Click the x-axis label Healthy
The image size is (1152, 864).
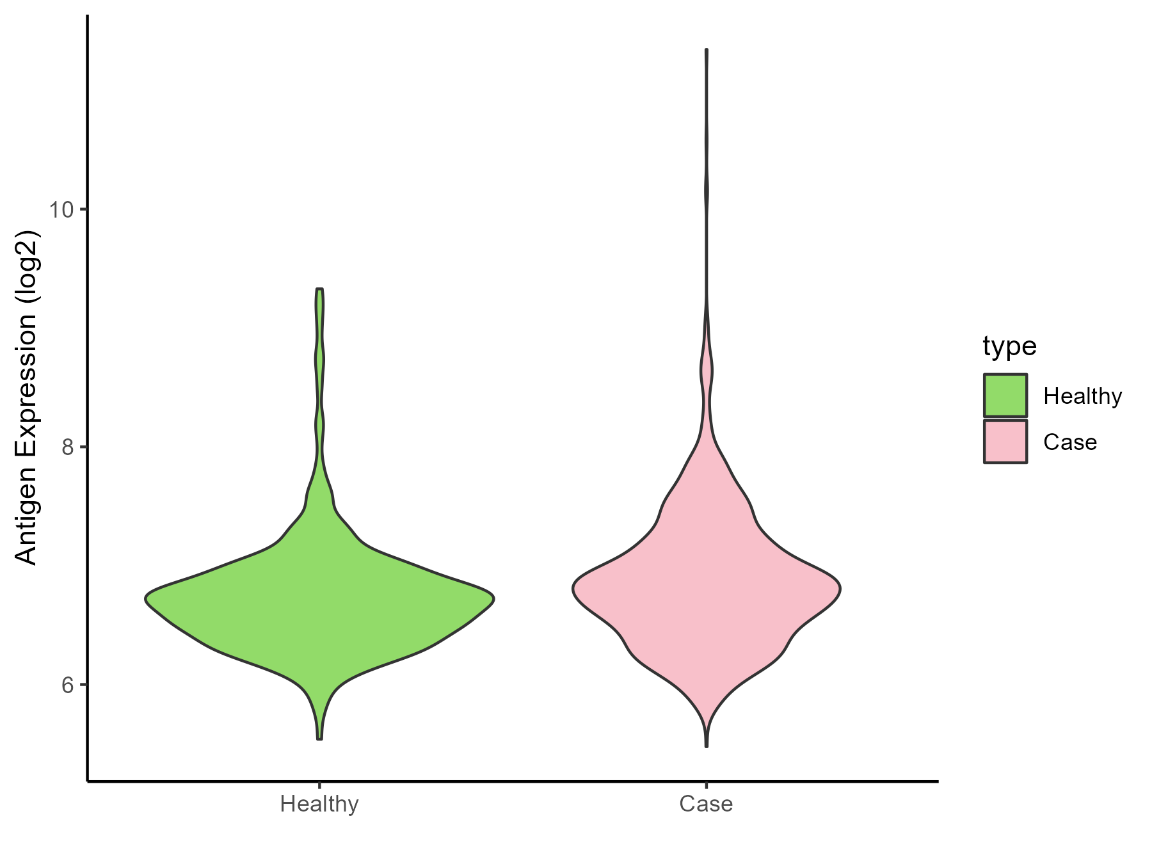[319, 804]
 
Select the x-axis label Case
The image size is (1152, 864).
[706, 804]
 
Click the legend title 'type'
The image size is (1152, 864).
[1009, 346]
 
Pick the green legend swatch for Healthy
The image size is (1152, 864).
[1005, 396]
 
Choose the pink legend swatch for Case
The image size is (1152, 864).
[1005, 442]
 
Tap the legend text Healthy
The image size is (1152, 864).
[1082, 396]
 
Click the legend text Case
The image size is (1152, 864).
[1070, 442]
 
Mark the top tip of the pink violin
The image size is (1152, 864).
[707, 50]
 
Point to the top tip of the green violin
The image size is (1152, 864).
[320, 290]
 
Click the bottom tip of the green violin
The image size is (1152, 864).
[320, 739]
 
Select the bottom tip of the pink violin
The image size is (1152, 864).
[707, 746]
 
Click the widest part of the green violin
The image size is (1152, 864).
[320, 599]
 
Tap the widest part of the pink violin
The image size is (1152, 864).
[707, 589]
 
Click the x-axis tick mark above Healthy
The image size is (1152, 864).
[319, 785]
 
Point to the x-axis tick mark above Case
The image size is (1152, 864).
[706, 785]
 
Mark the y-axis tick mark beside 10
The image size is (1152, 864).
[84, 209]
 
